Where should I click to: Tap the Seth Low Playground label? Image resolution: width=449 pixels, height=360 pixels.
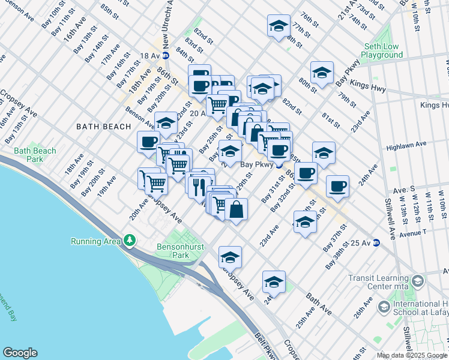[x=382, y=50]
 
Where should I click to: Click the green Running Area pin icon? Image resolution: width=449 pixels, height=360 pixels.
[x=130, y=241]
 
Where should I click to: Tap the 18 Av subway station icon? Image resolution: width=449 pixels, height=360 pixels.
[x=166, y=56]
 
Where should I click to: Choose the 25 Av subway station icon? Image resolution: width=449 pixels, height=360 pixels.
[x=376, y=242]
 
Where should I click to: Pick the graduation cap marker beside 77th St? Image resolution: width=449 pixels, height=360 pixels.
[x=277, y=26]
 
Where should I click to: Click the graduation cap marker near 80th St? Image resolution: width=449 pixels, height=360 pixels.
[x=322, y=72]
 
